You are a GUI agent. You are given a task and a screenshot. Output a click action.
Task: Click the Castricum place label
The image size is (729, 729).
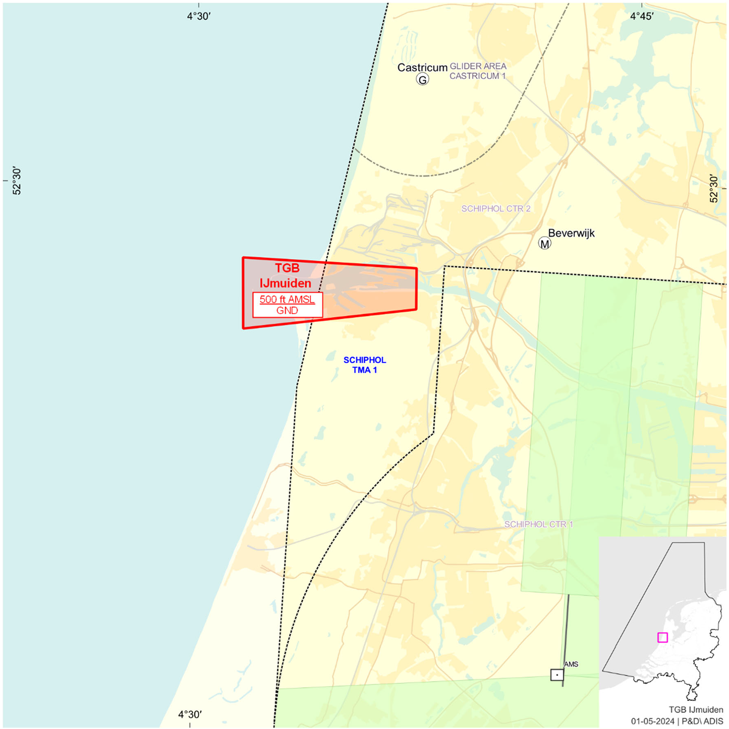tap(422, 67)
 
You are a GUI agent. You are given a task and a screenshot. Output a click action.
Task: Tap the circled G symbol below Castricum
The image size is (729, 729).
tap(422, 79)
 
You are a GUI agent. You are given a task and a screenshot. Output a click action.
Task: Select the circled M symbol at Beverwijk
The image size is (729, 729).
tap(544, 244)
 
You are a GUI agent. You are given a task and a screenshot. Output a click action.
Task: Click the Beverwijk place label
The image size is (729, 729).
tap(571, 233)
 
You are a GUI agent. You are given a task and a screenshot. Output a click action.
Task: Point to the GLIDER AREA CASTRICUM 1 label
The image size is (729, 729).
tap(478, 71)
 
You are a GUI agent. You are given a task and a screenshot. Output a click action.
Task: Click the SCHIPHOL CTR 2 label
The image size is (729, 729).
tap(496, 209)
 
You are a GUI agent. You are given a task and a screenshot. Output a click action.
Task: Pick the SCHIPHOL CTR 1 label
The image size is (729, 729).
tap(539, 524)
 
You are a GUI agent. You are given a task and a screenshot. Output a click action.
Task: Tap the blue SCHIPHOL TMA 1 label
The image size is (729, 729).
tap(364, 365)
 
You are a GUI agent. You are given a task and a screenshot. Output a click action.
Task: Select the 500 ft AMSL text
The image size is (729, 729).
tap(287, 299)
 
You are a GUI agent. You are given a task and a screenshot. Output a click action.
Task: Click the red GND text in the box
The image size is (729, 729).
tap(287, 311)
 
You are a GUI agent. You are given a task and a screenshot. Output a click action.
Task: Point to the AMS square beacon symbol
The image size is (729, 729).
tap(557, 675)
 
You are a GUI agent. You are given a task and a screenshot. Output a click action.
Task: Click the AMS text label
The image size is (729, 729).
tap(571, 664)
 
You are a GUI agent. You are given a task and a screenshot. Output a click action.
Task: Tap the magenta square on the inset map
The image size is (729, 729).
tap(662, 637)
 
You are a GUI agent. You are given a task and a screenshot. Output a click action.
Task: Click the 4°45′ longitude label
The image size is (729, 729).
tap(642, 16)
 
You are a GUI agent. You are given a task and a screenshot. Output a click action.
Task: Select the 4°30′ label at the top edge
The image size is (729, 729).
tap(199, 16)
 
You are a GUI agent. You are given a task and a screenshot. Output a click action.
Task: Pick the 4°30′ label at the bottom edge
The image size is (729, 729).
tap(190, 714)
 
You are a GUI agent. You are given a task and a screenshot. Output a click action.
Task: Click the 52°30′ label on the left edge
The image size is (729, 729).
tap(16, 181)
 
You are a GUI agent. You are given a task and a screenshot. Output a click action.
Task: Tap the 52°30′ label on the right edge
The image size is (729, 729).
tap(714, 189)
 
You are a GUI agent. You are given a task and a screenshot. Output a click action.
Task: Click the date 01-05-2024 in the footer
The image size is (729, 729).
tap(652, 721)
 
